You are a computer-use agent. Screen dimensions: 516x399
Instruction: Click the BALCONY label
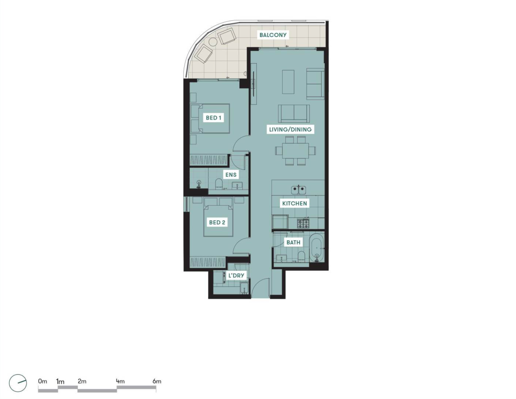(x=273, y=35)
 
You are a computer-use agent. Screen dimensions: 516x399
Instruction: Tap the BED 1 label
(x=213, y=118)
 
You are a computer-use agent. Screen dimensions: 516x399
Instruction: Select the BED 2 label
(x=217, y=222)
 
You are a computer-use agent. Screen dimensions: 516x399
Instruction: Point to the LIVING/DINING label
(x=290, y=129)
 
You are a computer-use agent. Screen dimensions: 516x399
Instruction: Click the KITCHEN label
(x=295, y=203)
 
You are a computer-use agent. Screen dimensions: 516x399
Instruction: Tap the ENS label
(x=231, y=175)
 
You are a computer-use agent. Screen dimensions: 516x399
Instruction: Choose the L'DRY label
(x=236, y=275)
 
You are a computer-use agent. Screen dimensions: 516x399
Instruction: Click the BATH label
(x=293, y=242)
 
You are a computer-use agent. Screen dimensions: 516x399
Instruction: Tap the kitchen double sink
(x=298, y=190)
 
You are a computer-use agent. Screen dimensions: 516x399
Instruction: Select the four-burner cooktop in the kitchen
(x=303, y=223)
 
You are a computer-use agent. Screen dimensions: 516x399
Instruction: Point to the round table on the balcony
(x=213, y=42)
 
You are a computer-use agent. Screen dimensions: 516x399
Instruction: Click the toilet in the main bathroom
(x=301, y=257)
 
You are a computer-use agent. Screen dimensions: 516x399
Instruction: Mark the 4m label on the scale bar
(x=120, y=381)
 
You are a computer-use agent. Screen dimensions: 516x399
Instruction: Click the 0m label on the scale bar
(x=42, y=381)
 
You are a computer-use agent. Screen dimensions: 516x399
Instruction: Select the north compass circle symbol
(x=18, y=383)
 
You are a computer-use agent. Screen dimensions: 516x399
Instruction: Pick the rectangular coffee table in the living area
(x=288, y=82)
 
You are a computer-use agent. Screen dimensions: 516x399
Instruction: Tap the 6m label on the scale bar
(x=157, y=381)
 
